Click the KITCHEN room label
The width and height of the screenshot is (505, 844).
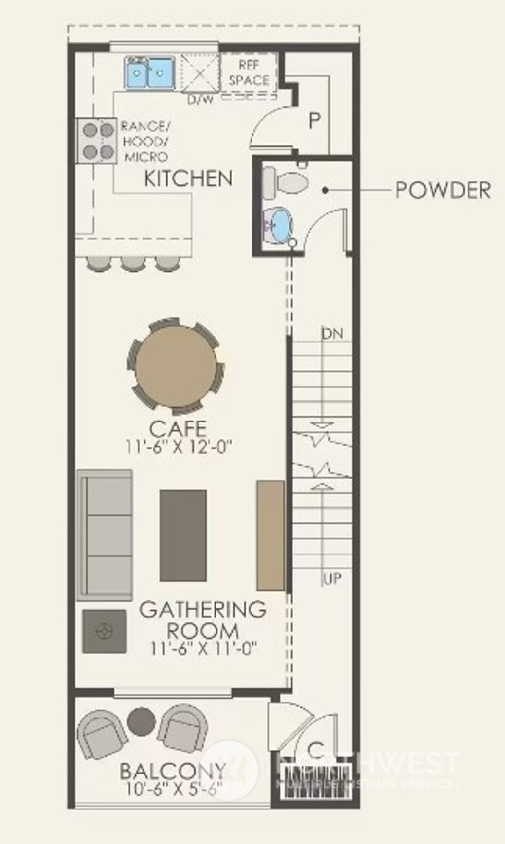coord(188,178)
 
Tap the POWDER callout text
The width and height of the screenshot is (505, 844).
coord(442,190)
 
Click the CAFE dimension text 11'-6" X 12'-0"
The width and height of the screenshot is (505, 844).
coord(178,447)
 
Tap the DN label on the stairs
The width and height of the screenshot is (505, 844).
coord(332,334)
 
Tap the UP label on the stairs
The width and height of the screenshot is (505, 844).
coord(332,578)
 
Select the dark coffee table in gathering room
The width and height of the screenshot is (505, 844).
coord(183,535)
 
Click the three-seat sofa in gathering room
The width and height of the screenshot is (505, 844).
coord(105,535)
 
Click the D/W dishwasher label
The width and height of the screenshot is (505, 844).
coord(201,100)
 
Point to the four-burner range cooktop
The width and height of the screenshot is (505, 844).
coord(97,141)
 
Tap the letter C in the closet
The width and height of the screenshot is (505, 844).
coord(316,750)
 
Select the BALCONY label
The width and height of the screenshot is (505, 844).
coord(173,771)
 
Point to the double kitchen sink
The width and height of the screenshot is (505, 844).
coord(150,73)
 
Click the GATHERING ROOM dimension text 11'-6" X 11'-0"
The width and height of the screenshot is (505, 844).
coord(204,648)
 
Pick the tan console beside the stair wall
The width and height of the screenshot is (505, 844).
coord(270,535)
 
